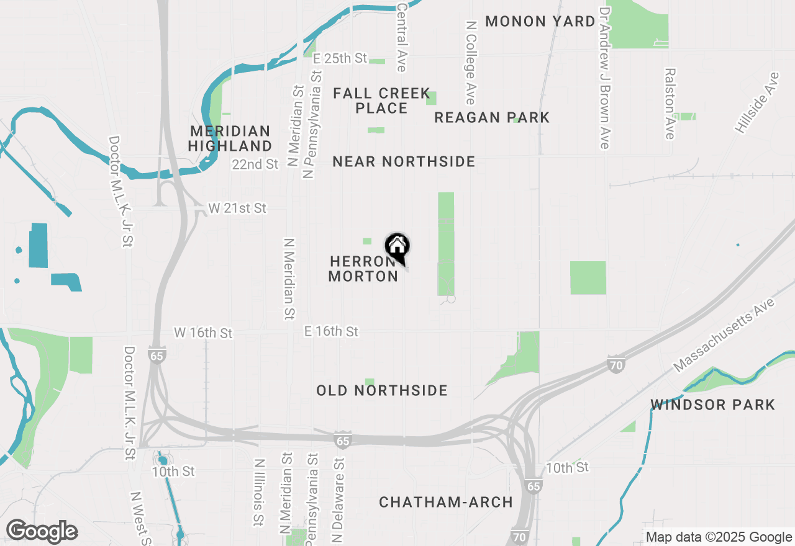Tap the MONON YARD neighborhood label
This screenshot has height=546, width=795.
[x=540, y=21]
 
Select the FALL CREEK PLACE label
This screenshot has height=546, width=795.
[x=381, y=101]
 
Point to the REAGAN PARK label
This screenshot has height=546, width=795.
[x=492, y=117]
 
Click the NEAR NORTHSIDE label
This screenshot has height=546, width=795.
[x=404, y=162]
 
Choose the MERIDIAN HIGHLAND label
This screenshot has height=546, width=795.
[x=230, y=139]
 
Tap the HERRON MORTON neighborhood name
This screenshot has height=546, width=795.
[x=363, y=269]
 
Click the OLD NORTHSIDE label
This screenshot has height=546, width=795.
[x=382, y=391]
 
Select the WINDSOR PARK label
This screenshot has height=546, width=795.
[x=713, y=405]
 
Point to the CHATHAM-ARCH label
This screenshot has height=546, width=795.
[x=446, y=502]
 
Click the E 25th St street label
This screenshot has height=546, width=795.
[x=340, y=58]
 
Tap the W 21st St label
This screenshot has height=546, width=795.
[x=237, y=208]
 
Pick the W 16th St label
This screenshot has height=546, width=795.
[x=203, y=333]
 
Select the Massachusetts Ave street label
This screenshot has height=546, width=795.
[x=724, y=335]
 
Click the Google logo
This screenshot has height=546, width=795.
[x=42, y=532]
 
